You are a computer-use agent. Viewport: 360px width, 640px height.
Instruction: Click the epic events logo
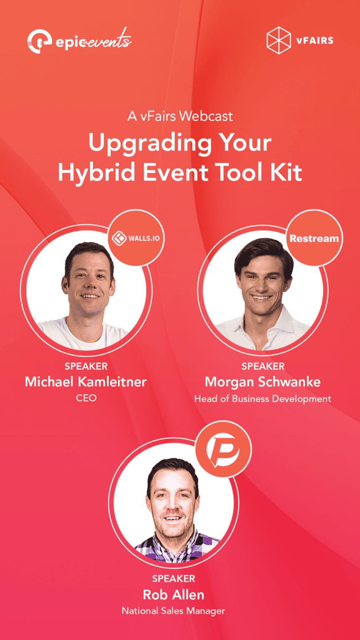(x=79, y=41)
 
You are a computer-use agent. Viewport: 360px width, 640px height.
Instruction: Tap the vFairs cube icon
(x=279, y=40)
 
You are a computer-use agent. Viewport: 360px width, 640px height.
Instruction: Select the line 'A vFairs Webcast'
(x=180, y=116)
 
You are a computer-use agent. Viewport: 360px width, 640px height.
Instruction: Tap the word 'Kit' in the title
(x=287, y=172)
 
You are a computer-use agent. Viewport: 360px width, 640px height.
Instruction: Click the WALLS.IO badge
(x=137, y=239)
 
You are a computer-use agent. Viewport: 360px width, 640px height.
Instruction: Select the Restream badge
(x=314, y=239)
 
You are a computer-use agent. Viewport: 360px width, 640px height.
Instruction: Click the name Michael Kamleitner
(x=86, y=381)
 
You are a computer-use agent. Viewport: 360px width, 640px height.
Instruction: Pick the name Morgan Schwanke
(x=262, y=381)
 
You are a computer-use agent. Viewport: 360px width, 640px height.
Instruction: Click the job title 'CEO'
(x=86, y=398)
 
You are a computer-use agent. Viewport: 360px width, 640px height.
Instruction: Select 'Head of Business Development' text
(x=262, y=399)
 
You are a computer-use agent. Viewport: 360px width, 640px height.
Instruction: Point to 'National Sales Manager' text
(x=173, y=611)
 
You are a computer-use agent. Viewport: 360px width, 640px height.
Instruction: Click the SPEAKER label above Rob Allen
(x=173, y=578)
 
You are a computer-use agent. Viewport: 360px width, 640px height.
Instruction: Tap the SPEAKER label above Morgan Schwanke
(x=263, y=366)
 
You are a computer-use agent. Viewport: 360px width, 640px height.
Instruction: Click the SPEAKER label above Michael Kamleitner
(x=86, y=366)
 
